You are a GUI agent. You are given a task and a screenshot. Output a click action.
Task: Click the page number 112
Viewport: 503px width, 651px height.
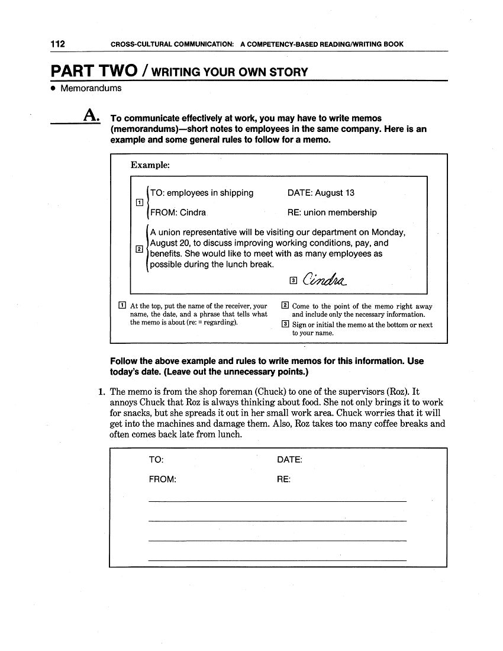pyautogui.click(x=57, y=44)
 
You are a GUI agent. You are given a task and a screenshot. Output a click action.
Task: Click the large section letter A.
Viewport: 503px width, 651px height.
pyautogui.click(x=92, y=117)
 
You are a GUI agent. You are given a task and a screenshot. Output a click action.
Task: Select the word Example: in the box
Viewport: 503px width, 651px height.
pyautogui.click(x=150, y=165)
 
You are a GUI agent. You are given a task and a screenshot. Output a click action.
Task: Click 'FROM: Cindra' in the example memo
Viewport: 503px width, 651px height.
pyautogui.click(x=178, y=212)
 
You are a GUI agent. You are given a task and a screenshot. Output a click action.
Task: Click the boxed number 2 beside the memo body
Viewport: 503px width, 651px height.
pyautogui.click(x=139, y=249)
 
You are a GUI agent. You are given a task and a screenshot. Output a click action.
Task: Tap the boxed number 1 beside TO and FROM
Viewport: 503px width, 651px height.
pyautogui.click(x=139, y=202)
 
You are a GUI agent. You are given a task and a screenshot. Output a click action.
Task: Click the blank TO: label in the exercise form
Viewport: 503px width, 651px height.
pyautogui.click(x=156, y=460)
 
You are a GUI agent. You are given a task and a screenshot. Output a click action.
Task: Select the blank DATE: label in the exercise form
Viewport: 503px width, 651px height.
pyautogui.click(x=289, y=460)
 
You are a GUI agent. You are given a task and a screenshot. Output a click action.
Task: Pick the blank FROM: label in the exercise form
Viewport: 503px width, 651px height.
pyautogui.click(x=162, y=479)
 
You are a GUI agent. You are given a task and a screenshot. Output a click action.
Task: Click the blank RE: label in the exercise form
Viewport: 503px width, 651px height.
pyautogui.click(x=283, y=479)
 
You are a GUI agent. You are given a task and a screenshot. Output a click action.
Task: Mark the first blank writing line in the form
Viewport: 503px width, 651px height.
pyautogui.click(x=277, y=501)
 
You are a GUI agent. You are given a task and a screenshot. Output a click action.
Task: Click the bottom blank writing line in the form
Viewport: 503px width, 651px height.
pyautogui.click(x=277, y=560)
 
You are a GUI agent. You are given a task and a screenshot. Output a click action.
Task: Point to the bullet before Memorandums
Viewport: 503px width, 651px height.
pyautogui.click(x=53, y=89)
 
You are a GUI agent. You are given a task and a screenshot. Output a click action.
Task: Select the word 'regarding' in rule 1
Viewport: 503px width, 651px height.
pyautogui.click(x=220, y=323)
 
